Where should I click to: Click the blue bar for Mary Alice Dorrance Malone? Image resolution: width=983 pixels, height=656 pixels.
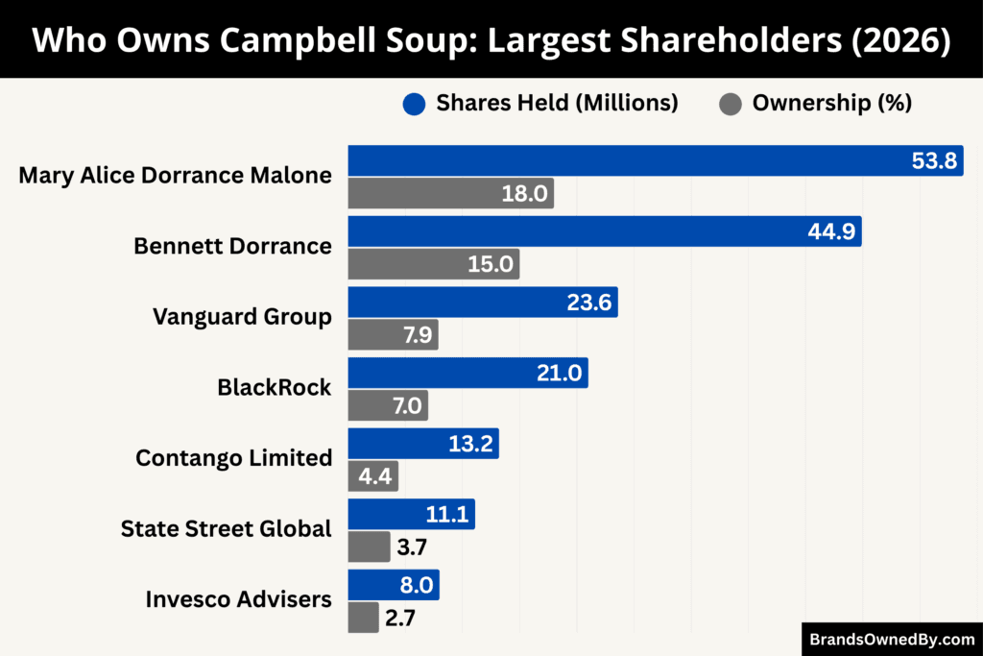pyautogui.click(x=624, y=160)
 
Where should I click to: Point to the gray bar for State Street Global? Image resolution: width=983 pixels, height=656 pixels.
pyautogui.click(x=369, y=547)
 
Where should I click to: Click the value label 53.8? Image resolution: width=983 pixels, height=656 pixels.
pyautogui.click(x=933, y=160)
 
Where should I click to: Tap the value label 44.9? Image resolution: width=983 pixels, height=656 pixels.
pyautogui.click(x=830, y=231)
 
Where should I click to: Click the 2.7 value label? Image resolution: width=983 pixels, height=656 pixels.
pyautogui.click(x=399, y=618)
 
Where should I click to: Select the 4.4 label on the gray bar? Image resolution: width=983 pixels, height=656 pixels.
pyautogui.click(x=374, y=476)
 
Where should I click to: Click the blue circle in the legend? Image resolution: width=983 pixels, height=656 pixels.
pyautogui.click(x=414, y=104)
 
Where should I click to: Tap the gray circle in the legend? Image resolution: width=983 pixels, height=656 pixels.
pyautogui.click(x=730, y=104)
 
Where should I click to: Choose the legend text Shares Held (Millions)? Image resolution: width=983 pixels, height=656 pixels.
pyautogui.click(x=557, y=104)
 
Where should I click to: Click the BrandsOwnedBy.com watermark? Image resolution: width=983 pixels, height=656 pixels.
pyautogui.click(x=891, y=639)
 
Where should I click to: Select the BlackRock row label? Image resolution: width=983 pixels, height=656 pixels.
pyautogui.click(x=274, y=387)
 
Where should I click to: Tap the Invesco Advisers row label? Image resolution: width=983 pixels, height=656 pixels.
pyautogui.click(x=238, y=599)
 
